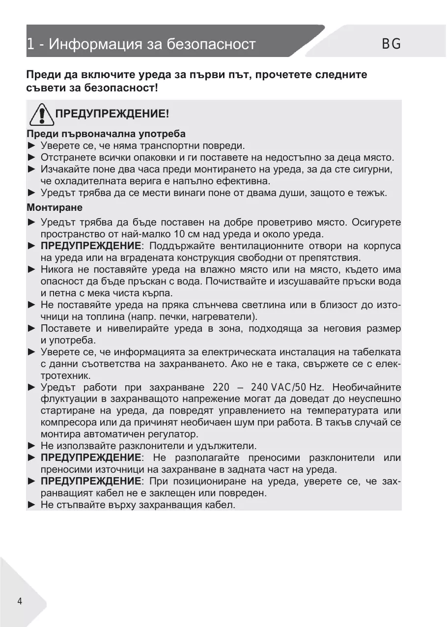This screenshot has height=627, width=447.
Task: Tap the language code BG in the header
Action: pyautogui.click(x=391, y=44)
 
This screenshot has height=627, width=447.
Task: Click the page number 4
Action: pyautogui.click(x=20, y=601)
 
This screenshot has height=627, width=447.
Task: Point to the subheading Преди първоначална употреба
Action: pyautogui.click(x=106, y=134)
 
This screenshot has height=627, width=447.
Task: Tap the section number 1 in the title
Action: pyautogui.click(x=30, y=45)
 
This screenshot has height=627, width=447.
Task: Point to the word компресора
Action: pyautogui.click(x=65, y=423)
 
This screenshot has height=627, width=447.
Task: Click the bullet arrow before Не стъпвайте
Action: pyautogui.click(x=32, y=505)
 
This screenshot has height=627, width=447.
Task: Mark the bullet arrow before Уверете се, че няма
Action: pyautogui.click(x=32, y=145)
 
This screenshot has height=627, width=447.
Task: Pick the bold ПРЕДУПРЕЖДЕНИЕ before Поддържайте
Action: pyautogui.click(x=91, y=246)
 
